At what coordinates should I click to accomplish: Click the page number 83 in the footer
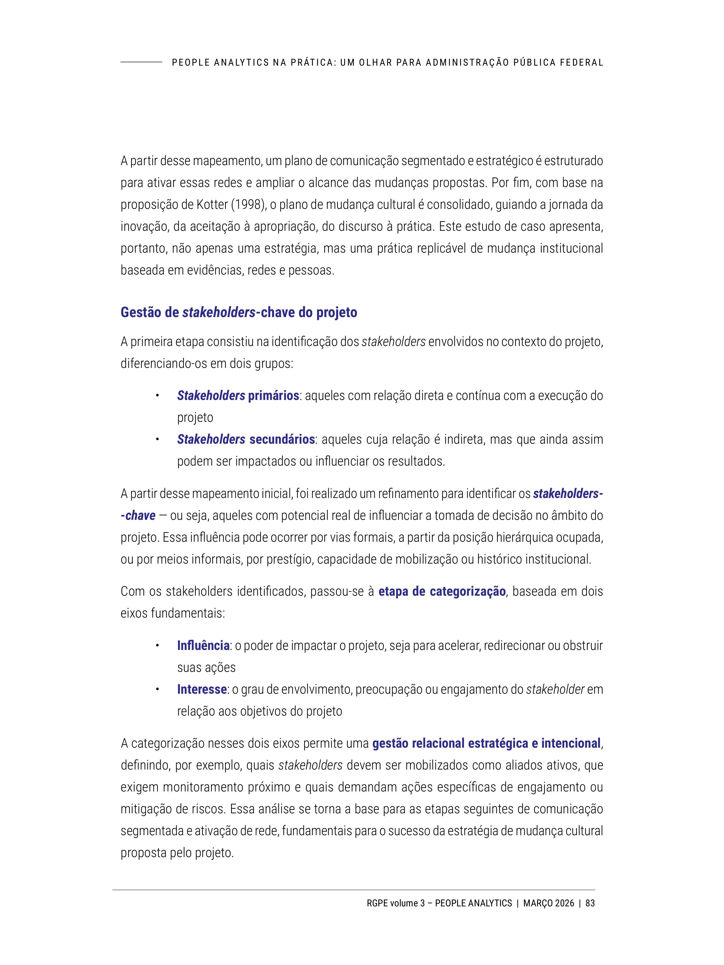590,903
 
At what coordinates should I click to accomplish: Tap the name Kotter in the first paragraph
212,204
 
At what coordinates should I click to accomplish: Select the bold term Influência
203,645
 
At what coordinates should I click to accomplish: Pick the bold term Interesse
202,689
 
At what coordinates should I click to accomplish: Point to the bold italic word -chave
138,516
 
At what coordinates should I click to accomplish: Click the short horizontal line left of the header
141,62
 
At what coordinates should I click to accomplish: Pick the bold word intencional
571,743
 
